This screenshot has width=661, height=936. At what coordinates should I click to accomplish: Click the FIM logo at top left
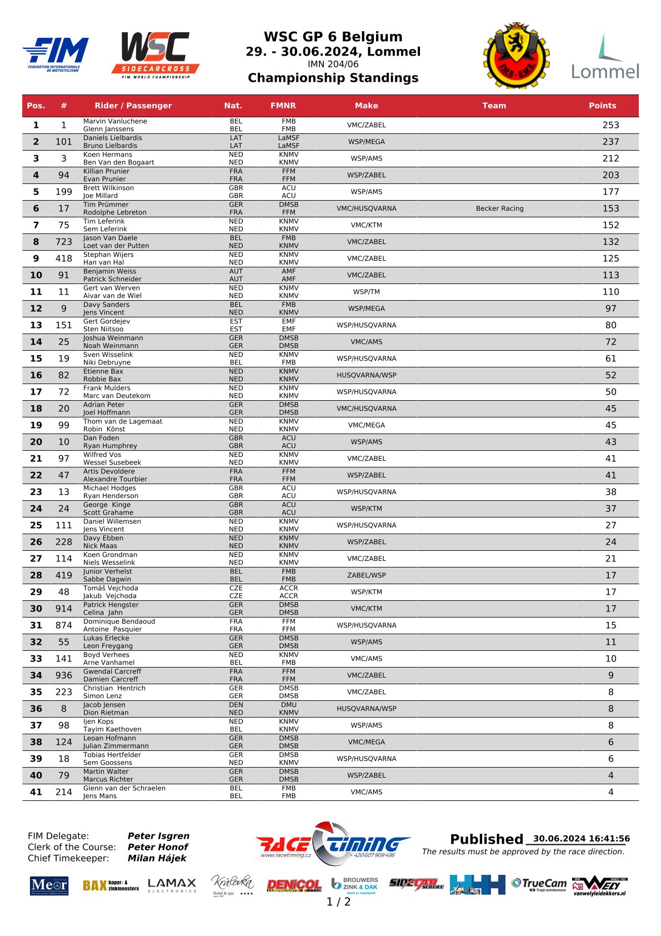coord(56,54)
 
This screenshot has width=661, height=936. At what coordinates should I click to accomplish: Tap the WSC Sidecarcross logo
coord(156,54)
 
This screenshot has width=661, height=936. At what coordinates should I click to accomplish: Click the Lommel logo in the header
coord(605,57)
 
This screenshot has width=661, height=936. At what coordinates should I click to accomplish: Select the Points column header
coord(602,106)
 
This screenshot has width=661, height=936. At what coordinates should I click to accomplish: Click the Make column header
coord(366,106)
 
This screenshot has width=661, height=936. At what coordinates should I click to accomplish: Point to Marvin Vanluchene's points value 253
coord(610,125)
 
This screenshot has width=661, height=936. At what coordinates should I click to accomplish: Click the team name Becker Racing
coord(499,208)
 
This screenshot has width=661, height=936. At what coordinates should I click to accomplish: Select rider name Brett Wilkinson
coord(108,188)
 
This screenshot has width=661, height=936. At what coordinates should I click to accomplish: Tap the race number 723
coord(64,242)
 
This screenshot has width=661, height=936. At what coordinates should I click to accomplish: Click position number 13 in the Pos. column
coord(36,325)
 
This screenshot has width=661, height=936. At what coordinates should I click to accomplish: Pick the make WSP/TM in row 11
coord(366,292)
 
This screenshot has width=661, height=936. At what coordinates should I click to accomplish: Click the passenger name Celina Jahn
coord(103,613)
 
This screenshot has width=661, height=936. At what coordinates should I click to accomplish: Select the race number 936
coord(64,675)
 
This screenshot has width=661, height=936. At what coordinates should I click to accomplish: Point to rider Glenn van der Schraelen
coord(124,788)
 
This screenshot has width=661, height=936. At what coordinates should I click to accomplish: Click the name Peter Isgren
coord(158,836)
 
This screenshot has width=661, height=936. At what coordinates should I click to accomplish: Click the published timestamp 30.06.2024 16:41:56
coord(581,839)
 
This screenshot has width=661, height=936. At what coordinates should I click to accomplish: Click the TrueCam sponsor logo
coord(539,884)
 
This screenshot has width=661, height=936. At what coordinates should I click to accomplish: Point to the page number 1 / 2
coord(338,902)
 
